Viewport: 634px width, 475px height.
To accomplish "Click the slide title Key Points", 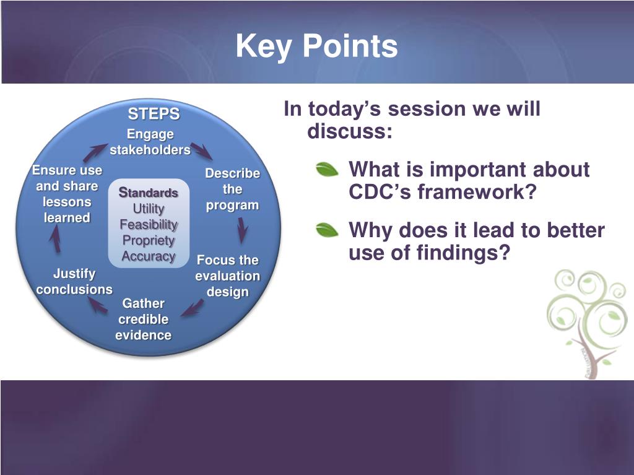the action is coord(316,46).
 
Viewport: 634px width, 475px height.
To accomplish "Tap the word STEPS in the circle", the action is coord(154,114).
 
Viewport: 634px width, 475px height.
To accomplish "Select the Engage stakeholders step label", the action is coord(150,142).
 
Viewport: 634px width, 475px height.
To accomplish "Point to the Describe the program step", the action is coord(233,190).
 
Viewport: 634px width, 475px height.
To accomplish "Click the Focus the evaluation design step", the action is coord(228,276).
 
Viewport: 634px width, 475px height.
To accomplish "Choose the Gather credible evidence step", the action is coord(143,319).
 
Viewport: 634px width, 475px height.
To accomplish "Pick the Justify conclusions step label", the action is coord(74,282).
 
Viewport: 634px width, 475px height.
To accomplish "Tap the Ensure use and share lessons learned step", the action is coord(67,194).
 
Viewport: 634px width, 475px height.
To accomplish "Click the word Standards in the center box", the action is coord(149,193).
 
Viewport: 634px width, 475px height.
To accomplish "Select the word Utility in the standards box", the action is coord(149,209).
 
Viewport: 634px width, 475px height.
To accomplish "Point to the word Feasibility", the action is coord(149,225).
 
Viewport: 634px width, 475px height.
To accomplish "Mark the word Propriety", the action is coord(149,240).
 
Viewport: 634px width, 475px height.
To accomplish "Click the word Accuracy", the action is coord(149,256).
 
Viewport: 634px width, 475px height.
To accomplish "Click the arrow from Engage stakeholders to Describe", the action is coord(201,150).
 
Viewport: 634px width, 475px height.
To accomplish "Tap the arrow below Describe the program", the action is coord(242,230).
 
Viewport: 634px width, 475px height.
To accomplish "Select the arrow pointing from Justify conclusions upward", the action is coord(55,238).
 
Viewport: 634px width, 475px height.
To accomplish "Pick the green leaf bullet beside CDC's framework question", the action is coord(327,169).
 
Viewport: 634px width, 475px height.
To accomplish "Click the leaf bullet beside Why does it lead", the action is coord(327,230).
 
